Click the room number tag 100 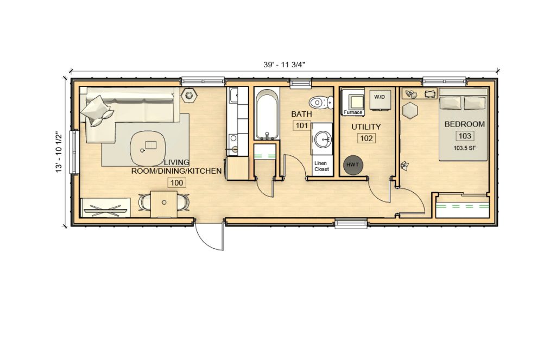[176, 182]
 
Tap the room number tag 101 [301, 126]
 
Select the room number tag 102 [367, 138]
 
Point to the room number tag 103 [465, 136]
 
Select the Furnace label [353, 112]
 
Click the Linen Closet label [321, 166]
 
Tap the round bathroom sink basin [324, 140]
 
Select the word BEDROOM [465, 124]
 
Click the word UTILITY [367, 127]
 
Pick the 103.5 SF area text [465, 148]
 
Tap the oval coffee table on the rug [150, 146]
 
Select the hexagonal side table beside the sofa [189, 95]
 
